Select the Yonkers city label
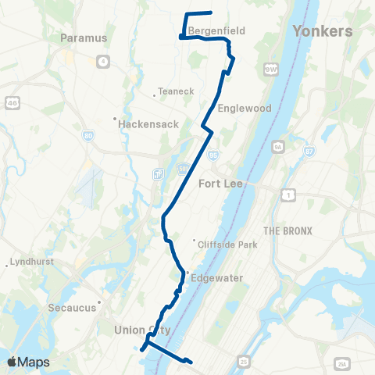pos(322,30)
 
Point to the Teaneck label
pos(175,91)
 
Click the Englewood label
pos(245,109)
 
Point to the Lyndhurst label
pos(32,262)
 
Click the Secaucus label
pos(75,307)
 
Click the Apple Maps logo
pos(27,362)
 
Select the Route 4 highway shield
pos(103,61)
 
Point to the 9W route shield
pos(271,69)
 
